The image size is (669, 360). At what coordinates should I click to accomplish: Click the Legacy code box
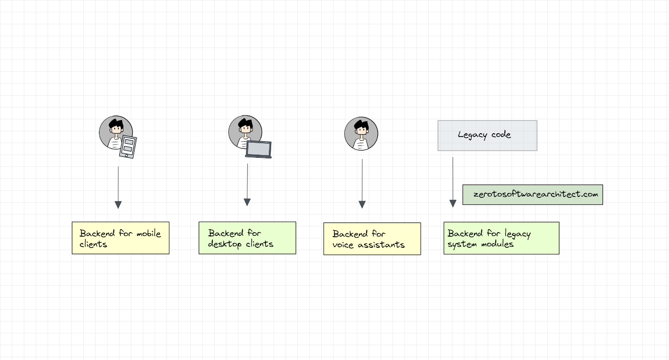tap(487, 136)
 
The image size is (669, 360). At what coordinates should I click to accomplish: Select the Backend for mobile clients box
tap(120, 238)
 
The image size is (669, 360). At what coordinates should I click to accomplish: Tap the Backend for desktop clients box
tap(247, 238)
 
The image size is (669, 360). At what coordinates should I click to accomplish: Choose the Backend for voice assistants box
tap(372, 239)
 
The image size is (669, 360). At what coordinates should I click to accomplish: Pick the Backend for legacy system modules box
tap(501, 238)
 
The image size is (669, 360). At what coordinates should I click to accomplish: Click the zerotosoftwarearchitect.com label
tap(532, 195)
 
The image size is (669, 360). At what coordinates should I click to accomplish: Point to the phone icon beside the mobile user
tap(128, 147)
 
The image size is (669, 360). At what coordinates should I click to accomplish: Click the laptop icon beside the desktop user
tap(258, 149)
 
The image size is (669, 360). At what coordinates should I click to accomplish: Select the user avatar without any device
tap(361, 134)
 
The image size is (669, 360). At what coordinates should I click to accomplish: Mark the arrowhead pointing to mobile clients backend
tap(118, 204)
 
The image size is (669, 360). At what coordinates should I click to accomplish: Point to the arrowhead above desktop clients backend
tap(247, 202)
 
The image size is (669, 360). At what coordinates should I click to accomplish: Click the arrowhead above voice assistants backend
tap(362, 204)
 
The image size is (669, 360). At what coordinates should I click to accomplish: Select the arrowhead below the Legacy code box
tap(453, 204)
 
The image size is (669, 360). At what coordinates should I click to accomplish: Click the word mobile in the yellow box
tap(148, 234)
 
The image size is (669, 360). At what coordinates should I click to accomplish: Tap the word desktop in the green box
tap(225, 244)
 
